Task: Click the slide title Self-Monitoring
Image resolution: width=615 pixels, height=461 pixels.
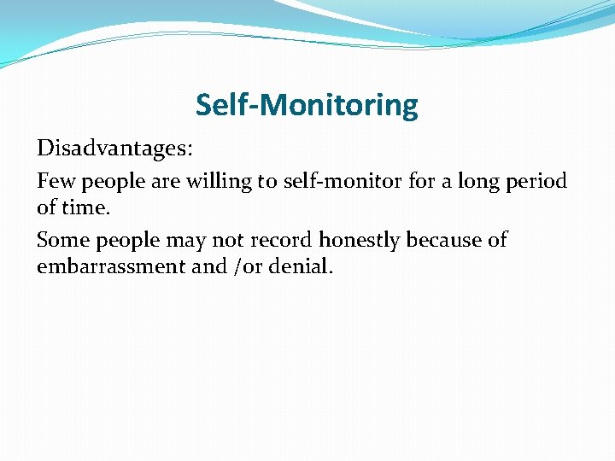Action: pos(307,105)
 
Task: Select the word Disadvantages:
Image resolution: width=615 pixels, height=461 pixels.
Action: pos(114,149)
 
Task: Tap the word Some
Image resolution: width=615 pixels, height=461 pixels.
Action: pos(61,240)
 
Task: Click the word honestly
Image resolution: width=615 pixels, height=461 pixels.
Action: pos(360,241)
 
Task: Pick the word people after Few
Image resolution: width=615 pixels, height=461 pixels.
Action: pos(114,183)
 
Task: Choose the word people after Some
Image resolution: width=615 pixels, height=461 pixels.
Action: pos(126,242)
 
